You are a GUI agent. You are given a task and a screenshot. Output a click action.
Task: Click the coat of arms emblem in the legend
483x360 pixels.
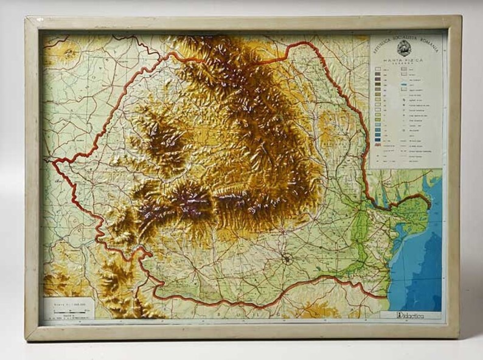tap(405, 49)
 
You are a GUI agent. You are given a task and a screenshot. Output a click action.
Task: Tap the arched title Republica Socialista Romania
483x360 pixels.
tap(405, 40)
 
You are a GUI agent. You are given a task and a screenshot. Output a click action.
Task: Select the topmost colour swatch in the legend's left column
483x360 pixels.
tap(378, 71)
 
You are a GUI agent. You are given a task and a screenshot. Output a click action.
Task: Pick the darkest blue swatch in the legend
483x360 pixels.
tap(378, 139)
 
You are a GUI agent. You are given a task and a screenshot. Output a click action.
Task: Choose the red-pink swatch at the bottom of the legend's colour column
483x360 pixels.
tap(378, 146)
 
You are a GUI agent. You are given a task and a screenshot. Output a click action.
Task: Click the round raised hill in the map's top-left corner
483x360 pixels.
tap(69, 54)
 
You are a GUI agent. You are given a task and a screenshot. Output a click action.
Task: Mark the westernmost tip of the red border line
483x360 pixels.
tap(54, 163)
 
